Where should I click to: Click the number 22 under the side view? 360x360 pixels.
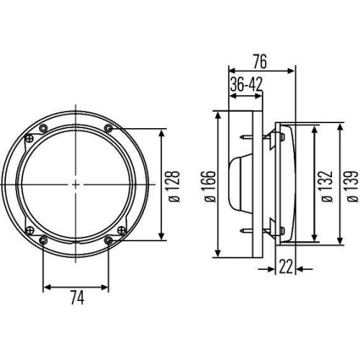pos(286,269)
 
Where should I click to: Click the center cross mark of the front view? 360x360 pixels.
pos(76,184)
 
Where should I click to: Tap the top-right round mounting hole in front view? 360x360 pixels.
pos(109,128)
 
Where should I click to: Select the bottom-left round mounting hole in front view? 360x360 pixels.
pos(44,240)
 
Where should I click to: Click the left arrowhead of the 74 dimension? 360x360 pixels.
pos(46,287)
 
